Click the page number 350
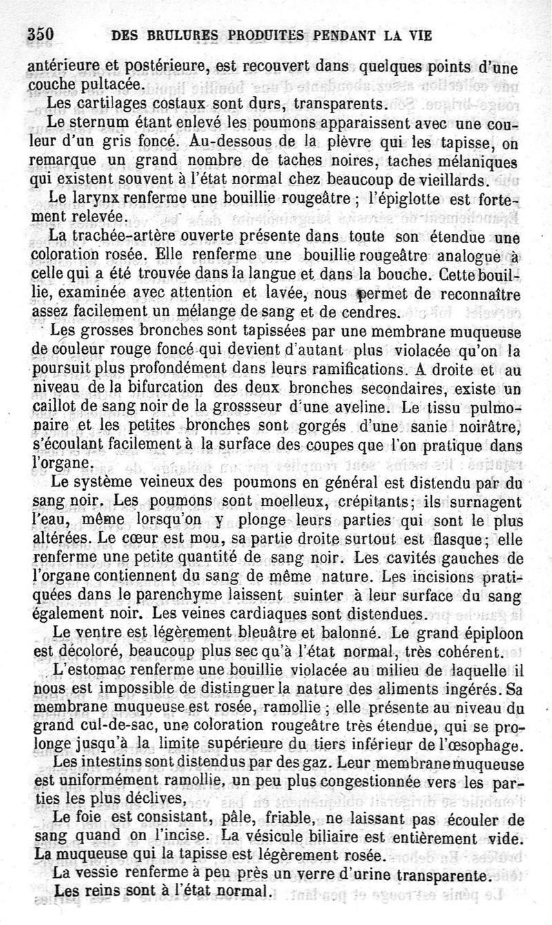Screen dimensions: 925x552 click(41, 35)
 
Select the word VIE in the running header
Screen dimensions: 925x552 click(420, 36)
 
